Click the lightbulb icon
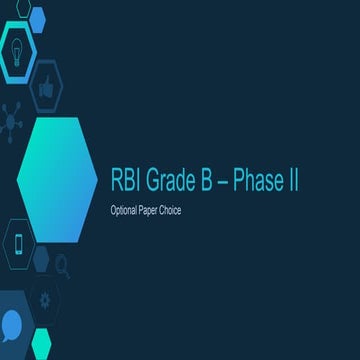[x=18, y=45]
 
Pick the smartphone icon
[x=17, y=243]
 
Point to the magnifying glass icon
[x=62, y=265]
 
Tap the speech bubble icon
[x=13, y=323]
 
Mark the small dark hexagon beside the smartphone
[x=41, y=258]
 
